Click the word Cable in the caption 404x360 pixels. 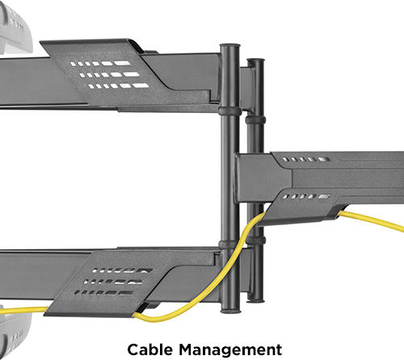coord(149,350)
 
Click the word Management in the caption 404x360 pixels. coord(230,350)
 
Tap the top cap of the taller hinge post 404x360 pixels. coord(230,46)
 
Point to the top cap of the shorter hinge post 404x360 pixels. coord(255,61)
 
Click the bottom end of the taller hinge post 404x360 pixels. coord(230,311)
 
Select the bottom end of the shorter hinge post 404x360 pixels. coord(255,299)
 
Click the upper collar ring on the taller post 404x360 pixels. coord(229,111)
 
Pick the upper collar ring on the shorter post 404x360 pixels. coord(255,119)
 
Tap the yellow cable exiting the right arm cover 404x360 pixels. coord(371,220)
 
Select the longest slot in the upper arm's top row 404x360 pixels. coord(122,63)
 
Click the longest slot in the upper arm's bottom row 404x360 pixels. coord(141,86)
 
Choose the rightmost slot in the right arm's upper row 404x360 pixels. coord(324,159)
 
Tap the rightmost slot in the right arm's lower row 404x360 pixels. coord(325,197)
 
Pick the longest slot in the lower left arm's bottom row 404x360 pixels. coord(125,293)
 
